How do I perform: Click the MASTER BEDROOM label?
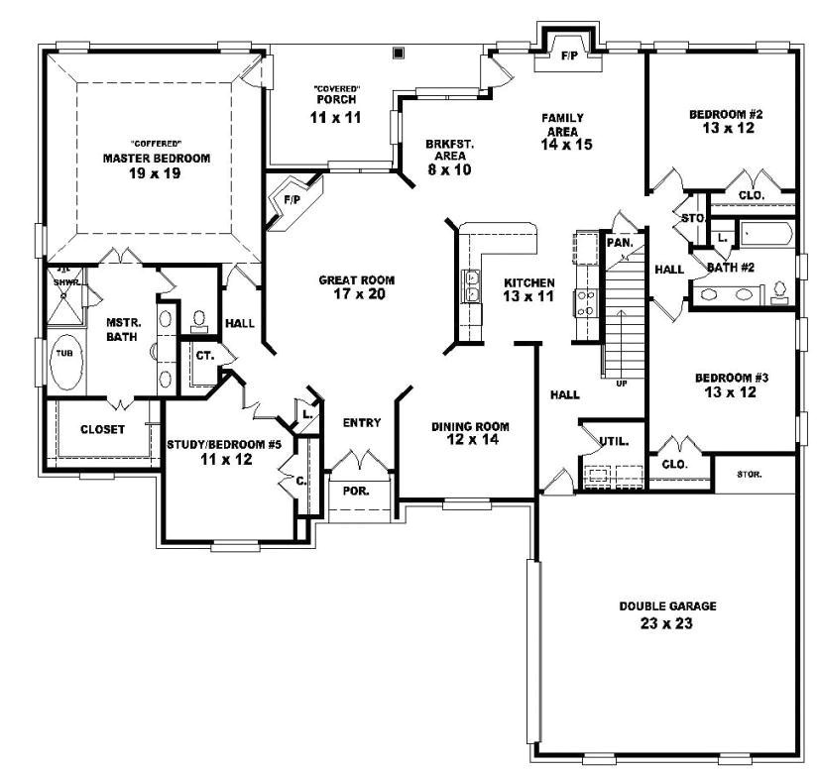[x=157, y=159]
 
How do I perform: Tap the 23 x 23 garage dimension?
[x=653, y=624]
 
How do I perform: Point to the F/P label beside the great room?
[x=292, y=199]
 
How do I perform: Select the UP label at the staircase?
[x=621, y=383]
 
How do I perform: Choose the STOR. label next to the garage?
[x=750, y=475]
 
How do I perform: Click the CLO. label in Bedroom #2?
[x=751, y=196]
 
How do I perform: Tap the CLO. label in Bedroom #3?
[x=674, y=463]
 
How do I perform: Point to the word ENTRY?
[x=362, y=423]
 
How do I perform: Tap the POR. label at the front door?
[x=354, y=491]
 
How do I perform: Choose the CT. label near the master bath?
[x=205, y=354]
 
